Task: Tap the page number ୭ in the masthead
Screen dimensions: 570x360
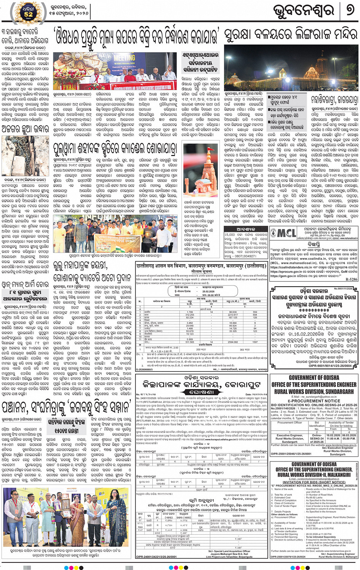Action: coord(349,11)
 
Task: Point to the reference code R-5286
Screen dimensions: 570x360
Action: coord(351,279)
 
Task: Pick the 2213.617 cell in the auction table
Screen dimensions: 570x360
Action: coord(233,315)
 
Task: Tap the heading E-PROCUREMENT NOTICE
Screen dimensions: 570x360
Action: coord(314,401)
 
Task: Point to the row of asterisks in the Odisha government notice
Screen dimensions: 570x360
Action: coord(314,311)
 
